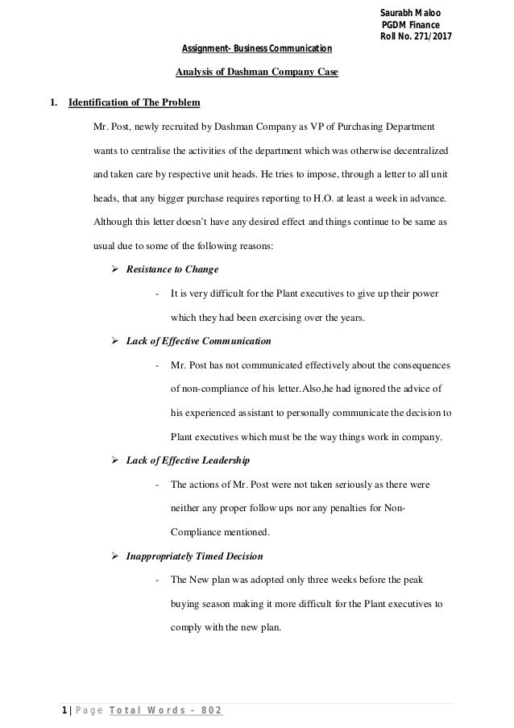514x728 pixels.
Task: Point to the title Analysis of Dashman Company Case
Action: point(257,75)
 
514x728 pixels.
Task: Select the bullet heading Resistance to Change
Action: point(172,268)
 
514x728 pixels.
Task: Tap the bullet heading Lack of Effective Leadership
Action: point(188,460)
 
